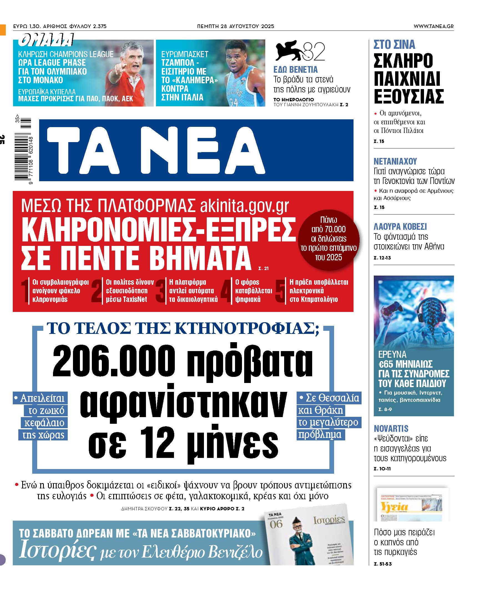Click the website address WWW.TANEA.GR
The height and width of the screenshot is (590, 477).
[433, 26]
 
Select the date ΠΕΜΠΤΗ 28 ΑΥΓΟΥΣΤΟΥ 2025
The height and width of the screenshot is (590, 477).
[235, 26]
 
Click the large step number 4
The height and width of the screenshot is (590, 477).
[226, 291]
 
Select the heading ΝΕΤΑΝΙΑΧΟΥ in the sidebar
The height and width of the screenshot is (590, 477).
[395, 161]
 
